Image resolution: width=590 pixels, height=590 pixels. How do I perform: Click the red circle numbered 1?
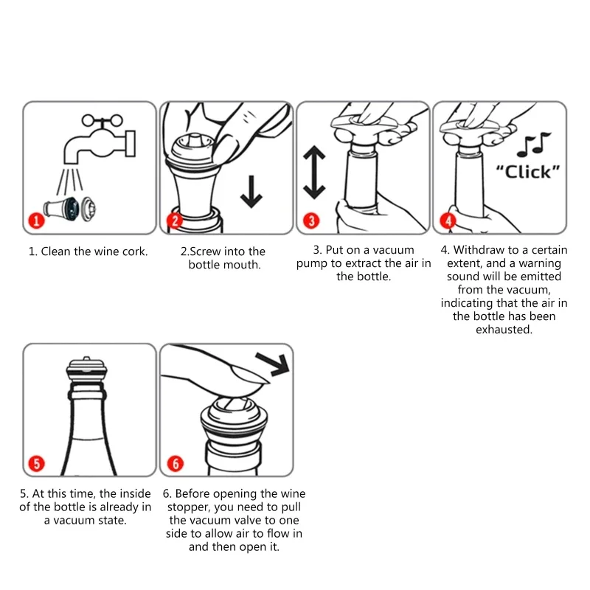pyautogui.click(x=36, y=221)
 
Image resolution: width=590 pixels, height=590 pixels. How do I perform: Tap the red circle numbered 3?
pyautogui.click(x=311, y=221)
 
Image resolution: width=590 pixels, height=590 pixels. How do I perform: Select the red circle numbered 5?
pyautogui.click(x=36, y=463)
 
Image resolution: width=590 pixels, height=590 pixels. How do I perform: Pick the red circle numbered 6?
pyautogui.click(x=176, y=463)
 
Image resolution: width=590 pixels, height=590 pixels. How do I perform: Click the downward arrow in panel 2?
pyautogui.click(x=251, y=192)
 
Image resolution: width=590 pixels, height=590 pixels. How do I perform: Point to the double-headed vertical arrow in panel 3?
pyautogui.click(x=314, y=173)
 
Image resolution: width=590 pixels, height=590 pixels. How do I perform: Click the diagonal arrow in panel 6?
pyautogui.click(x=273, y=364)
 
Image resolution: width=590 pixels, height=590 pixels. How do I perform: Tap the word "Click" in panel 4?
pyautogui.click(x=528, y=172)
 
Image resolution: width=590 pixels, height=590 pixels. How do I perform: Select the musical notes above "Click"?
pyautogui.click(x=533, y=145)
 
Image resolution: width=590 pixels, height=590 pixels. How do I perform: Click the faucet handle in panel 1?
pyautogui.click(x=103, y=121)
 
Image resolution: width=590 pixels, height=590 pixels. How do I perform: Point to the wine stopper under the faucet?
pyautogui.click(x=69, y=208)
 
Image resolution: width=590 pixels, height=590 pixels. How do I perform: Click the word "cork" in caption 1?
pyautogui.click(x=136, y=251)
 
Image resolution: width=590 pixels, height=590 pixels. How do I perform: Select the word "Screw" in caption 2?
pyautogui.click(x=206, y=251)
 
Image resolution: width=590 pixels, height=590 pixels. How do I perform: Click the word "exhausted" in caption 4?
pyautogui.click(x=504, y=330)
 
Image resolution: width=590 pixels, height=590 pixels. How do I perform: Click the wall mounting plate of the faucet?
pyautogui.click(x=131, y=143)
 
